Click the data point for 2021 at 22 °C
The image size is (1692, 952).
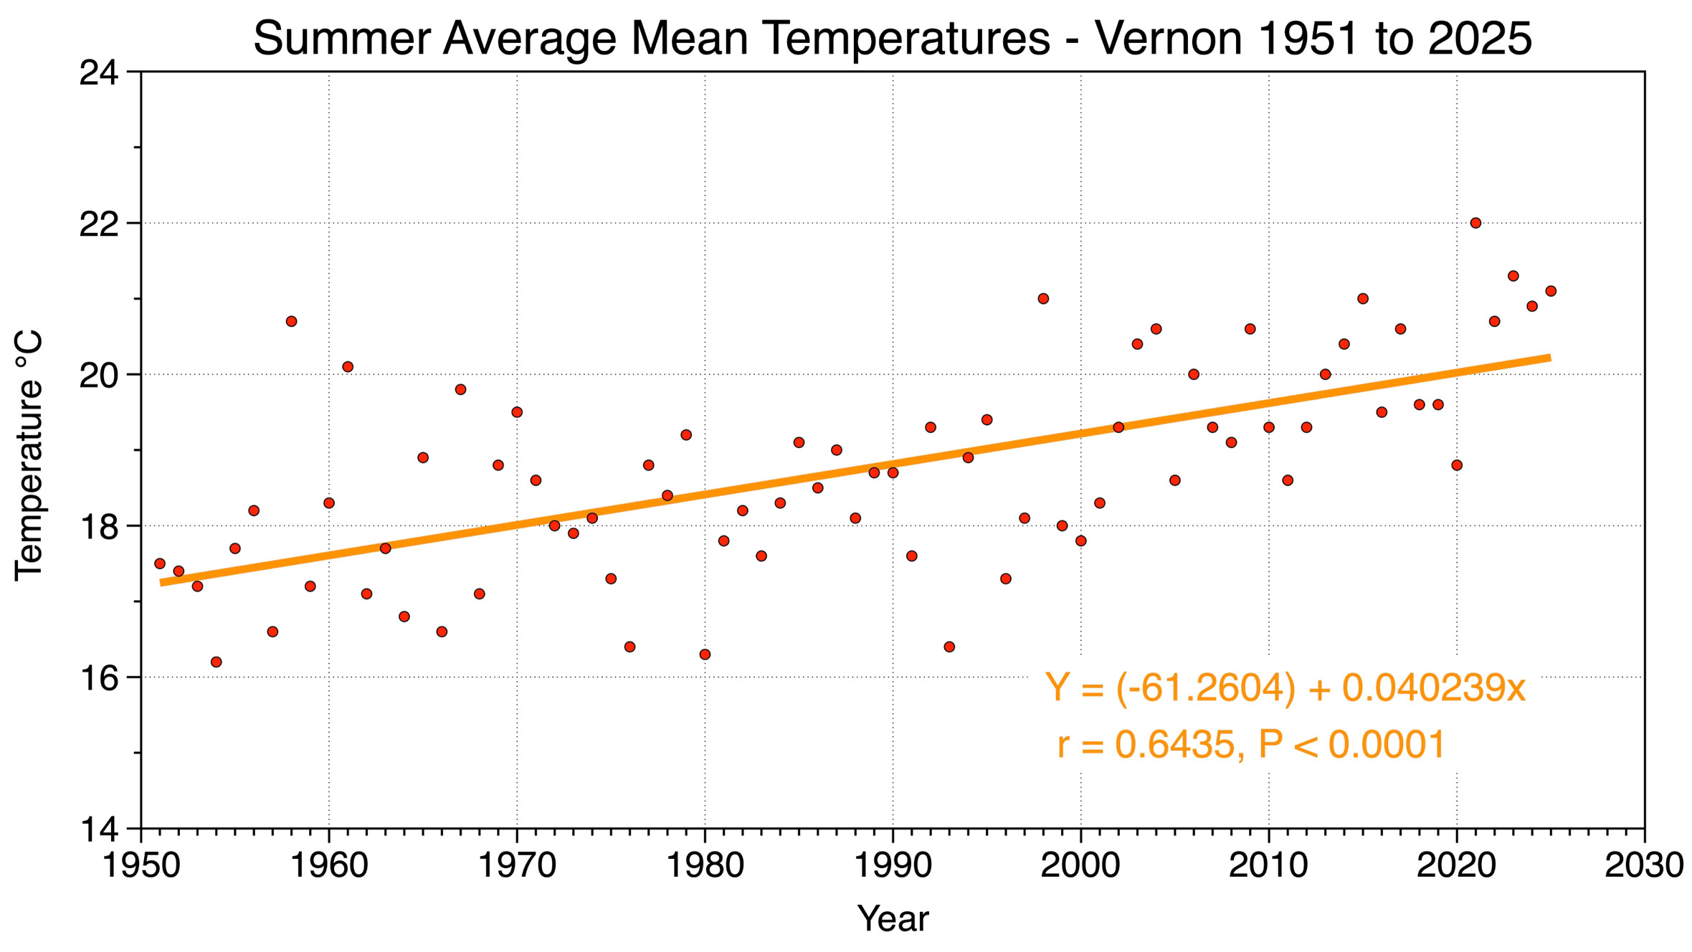tap(1475, 223)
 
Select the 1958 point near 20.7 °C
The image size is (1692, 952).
tap(291, 321)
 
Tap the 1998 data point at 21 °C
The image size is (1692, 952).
tap(1043, 298)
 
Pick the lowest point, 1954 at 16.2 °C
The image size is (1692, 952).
tap(216, 662)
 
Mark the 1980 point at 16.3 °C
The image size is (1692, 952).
tap(705, 654)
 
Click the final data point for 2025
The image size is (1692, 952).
tap(1551, 291)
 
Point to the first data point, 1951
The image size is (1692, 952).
tap(160, 563)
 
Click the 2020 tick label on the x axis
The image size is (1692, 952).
tap(1456, 865)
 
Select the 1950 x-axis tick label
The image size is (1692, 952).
tap(141, 865)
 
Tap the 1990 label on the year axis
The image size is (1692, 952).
tap(893, 865)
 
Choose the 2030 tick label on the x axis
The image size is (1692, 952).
tap(1644, 865)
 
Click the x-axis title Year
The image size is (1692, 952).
tap(893, 919)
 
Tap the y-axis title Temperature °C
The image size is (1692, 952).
tap(30, 454)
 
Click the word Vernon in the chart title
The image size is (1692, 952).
tap(1169, 39)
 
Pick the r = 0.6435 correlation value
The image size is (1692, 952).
tap(1146, 744)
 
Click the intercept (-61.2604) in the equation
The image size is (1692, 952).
tap(1206, 688)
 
